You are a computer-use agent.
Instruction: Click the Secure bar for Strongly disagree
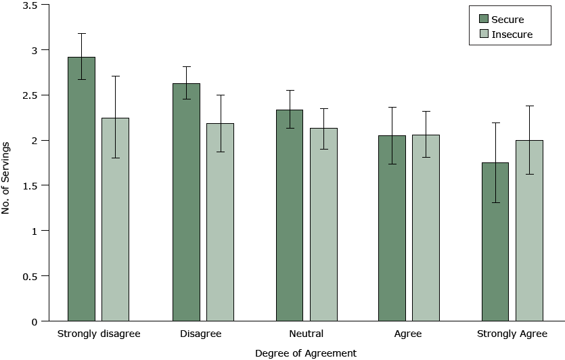pos(81,189)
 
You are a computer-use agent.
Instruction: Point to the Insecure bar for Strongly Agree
pos(529,230)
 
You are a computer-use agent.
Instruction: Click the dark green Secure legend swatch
pos(483,19)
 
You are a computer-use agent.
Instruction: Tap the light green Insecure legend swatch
pos(483,34)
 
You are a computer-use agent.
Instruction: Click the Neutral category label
pos(306,334)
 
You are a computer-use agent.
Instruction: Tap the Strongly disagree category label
pos(98,334)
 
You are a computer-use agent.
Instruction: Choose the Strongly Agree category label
pos(512,334)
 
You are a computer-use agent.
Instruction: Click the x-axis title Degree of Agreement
pos(306,353)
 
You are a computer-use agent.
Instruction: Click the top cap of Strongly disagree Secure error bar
pos(81,33)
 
